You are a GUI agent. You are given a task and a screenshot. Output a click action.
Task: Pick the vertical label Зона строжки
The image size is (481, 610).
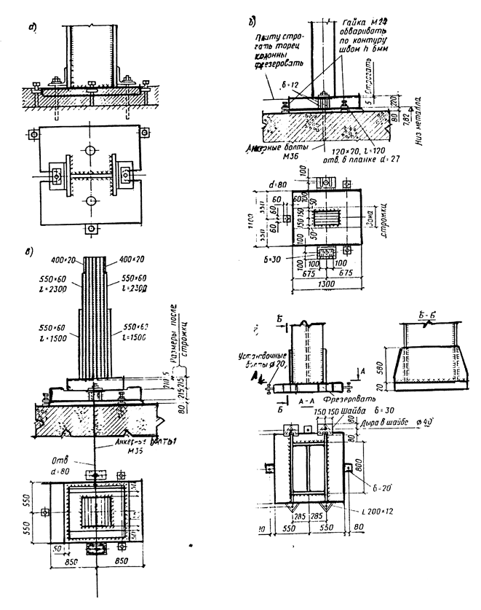pyautogui.click(x=376, y=218)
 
